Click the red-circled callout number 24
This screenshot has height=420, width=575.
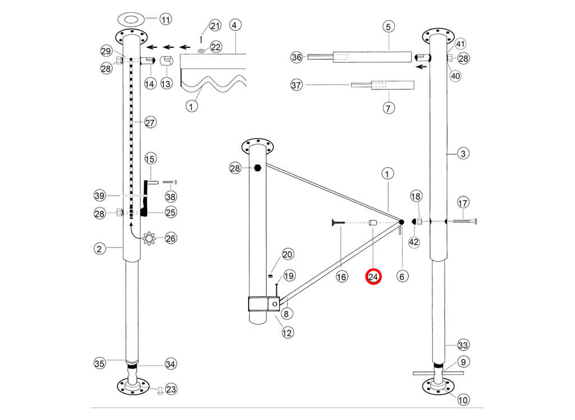tap(373, 276)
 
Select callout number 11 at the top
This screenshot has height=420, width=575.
tap(165, 19)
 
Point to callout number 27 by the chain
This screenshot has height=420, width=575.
tap(150, 122)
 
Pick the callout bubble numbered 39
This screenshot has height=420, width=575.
tap(101, 195)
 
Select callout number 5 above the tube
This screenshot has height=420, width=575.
tap(389, 26)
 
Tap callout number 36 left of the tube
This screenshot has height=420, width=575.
tap(297, 57)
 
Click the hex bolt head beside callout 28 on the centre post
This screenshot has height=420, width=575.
tap(258, 168)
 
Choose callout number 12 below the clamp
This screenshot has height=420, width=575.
tap(287, 332)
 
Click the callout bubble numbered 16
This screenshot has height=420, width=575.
tap(342, 276)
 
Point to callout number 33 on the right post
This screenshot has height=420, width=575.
tap(463, 345)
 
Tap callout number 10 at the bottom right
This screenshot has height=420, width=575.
tap(463, 400)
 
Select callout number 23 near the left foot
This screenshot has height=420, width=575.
tap(171, 388)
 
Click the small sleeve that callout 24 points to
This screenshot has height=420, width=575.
tap(372, 223)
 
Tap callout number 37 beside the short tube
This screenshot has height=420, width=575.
tap(297, 85)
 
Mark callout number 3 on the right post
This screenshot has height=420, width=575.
tap(463, 153)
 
